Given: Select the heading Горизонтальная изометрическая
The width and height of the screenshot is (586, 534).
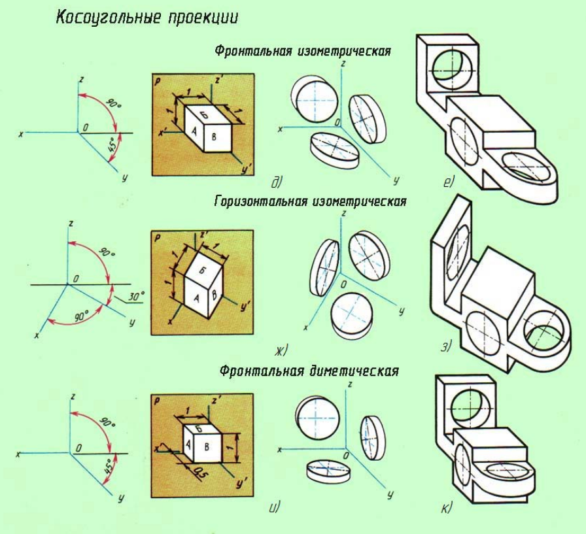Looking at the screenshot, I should [x=310, y=201].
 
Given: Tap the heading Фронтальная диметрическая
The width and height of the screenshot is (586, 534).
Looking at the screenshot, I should [x=309, y=371].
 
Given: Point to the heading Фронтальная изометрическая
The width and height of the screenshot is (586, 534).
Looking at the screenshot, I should [x=303, y=52].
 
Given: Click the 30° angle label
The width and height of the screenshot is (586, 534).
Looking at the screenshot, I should [x=136, y=296].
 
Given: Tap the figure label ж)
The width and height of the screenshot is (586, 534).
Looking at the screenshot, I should [x=281, y=351].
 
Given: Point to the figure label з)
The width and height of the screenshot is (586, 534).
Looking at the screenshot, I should [x=446, y=347].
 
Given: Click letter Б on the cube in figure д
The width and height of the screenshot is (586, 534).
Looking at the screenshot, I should [x=203, y=115].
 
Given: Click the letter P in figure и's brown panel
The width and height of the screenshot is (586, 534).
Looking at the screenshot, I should [x=157, y=401].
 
